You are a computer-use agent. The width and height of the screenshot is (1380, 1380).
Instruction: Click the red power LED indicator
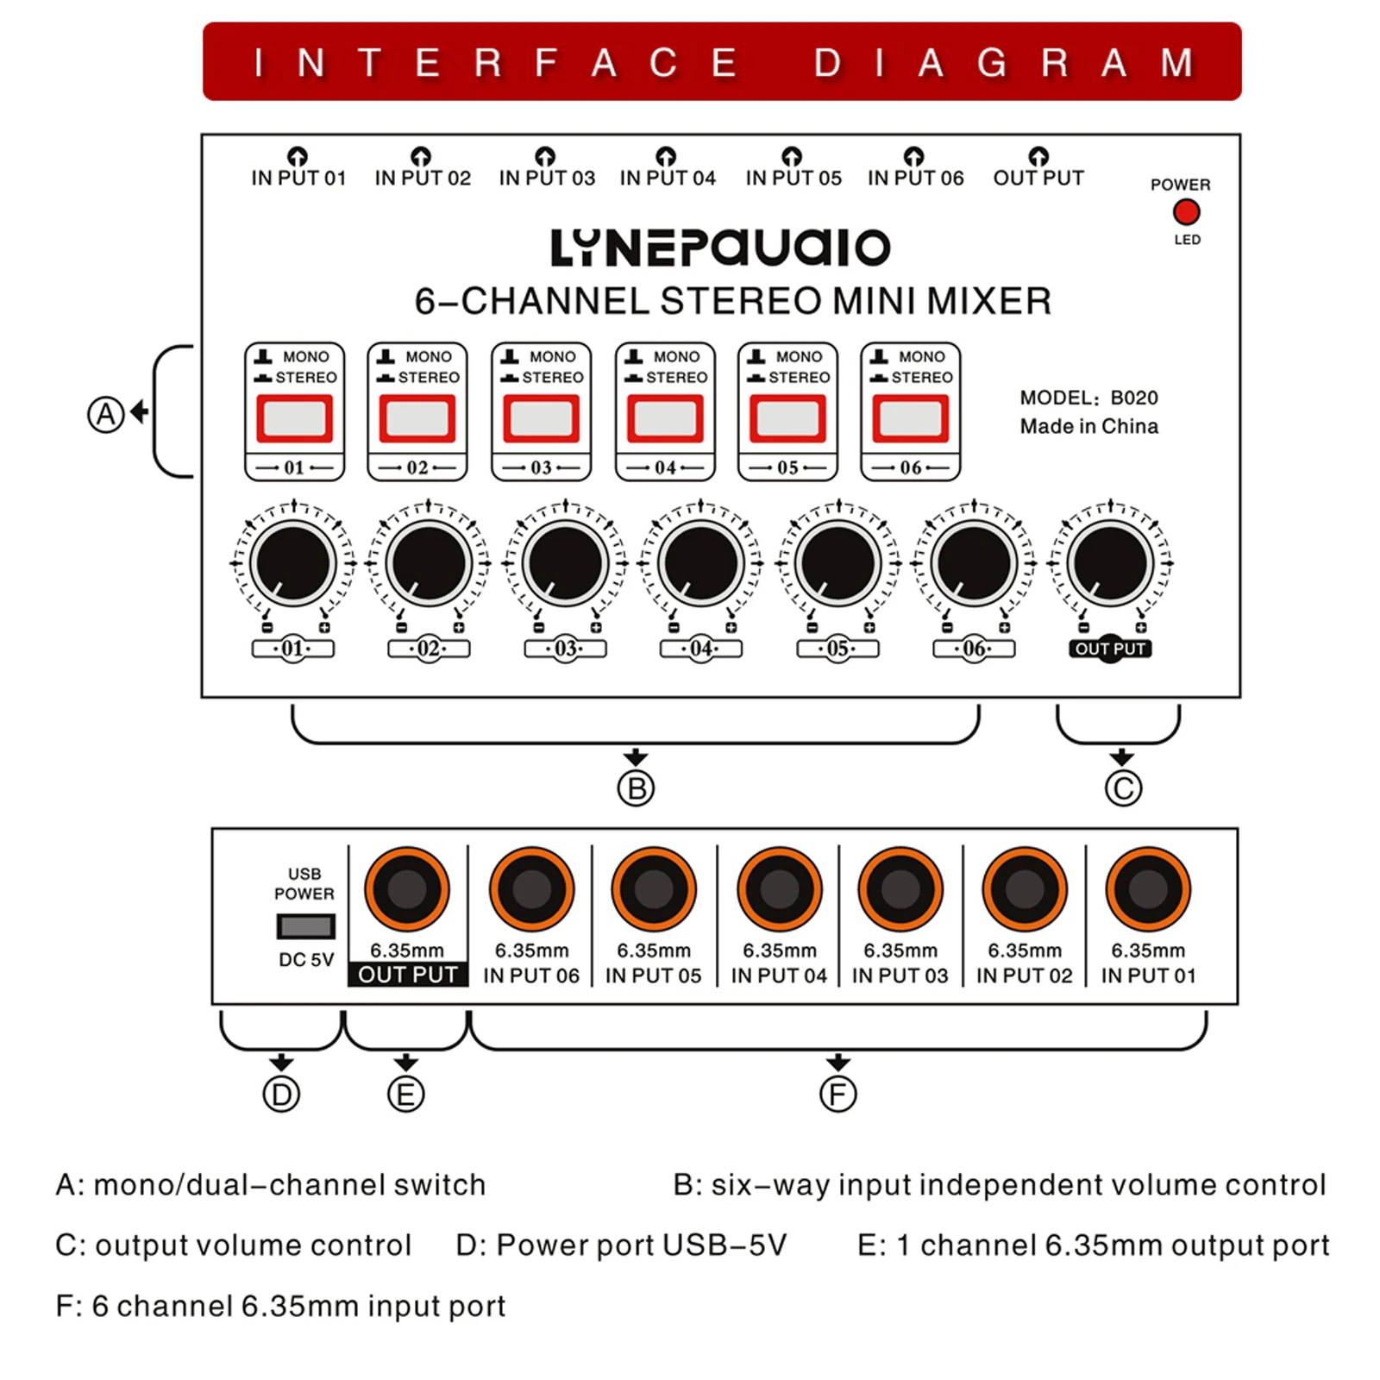1186,212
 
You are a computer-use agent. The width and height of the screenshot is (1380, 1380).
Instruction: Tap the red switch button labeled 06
911,418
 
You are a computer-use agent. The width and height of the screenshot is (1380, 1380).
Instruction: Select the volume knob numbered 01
293,563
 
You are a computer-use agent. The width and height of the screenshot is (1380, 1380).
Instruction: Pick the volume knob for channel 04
701,563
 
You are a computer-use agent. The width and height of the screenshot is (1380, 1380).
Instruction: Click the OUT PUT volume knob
1110,563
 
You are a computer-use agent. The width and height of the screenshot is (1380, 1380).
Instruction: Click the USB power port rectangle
305,926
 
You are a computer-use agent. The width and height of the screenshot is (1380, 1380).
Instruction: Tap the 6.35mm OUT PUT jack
407,889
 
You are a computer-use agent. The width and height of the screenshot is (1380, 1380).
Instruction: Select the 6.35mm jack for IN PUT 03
900,889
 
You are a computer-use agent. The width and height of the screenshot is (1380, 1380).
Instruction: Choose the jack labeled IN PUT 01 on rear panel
1148,889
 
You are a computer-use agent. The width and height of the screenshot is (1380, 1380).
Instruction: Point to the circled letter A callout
106,414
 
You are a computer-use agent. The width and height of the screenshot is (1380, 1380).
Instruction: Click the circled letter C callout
1123,788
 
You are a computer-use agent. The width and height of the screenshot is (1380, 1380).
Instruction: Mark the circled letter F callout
837,1095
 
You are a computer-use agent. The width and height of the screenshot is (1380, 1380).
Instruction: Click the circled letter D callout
281,1095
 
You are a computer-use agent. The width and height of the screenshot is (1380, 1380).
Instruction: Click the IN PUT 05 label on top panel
793,179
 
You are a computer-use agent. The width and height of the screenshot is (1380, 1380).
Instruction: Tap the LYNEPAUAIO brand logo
720,248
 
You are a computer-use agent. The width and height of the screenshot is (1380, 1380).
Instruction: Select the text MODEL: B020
1088,398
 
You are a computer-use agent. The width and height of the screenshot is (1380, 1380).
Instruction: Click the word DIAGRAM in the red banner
1004,63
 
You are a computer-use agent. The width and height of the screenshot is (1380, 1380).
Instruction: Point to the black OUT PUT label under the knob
1110,649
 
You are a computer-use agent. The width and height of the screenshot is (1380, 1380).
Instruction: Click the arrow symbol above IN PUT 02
421,156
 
